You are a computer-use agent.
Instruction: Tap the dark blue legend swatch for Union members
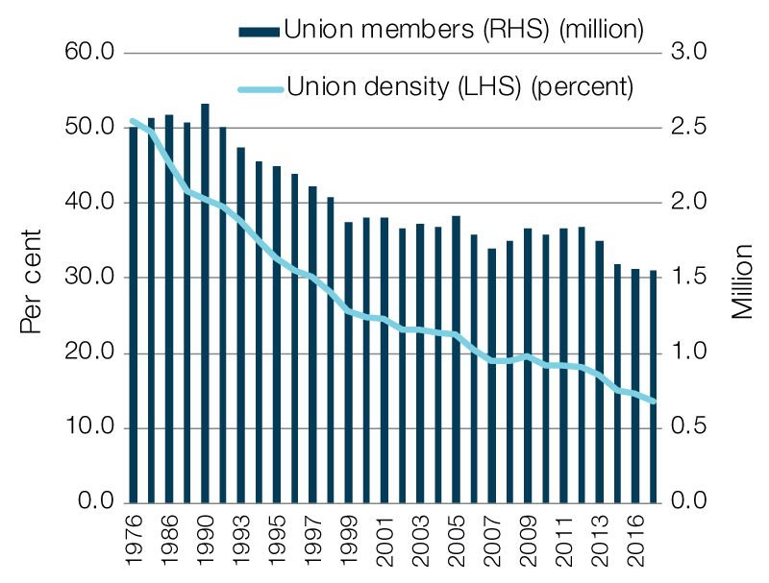point(259,31)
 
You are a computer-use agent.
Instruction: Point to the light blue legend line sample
point(259,87)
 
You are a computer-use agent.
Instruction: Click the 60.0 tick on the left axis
point(92,52)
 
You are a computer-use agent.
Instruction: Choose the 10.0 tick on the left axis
point(92,427)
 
